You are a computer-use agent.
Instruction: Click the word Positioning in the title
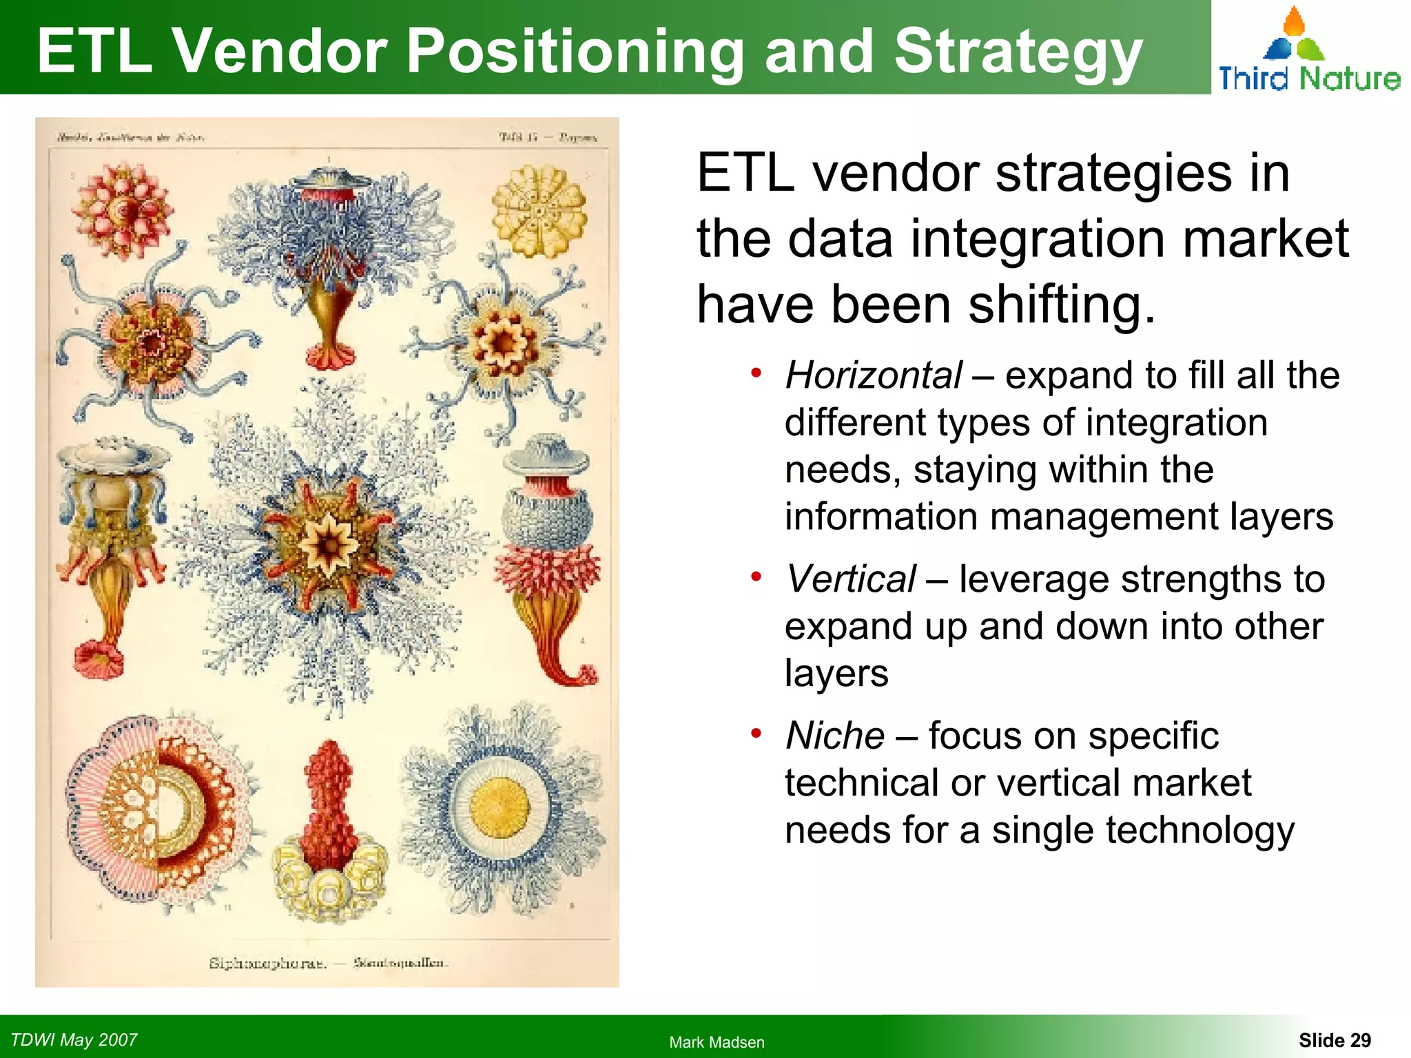(x=575, y=52)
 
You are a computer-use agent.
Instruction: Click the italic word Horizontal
(x=873, y=376)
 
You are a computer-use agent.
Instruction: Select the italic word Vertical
(x=850, y=579)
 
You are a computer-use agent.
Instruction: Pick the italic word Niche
(x=835, y=736)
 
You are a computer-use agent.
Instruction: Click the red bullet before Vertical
(x=756, y=577)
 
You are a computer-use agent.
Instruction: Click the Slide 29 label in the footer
(x=1334, y=1040)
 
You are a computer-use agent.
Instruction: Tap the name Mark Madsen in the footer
(x=717, y=1042)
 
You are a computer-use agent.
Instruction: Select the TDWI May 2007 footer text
(x=74, y=1039)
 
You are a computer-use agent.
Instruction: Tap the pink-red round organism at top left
(x=123, y=210)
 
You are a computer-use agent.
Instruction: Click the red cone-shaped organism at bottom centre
(x=329, y=806)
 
